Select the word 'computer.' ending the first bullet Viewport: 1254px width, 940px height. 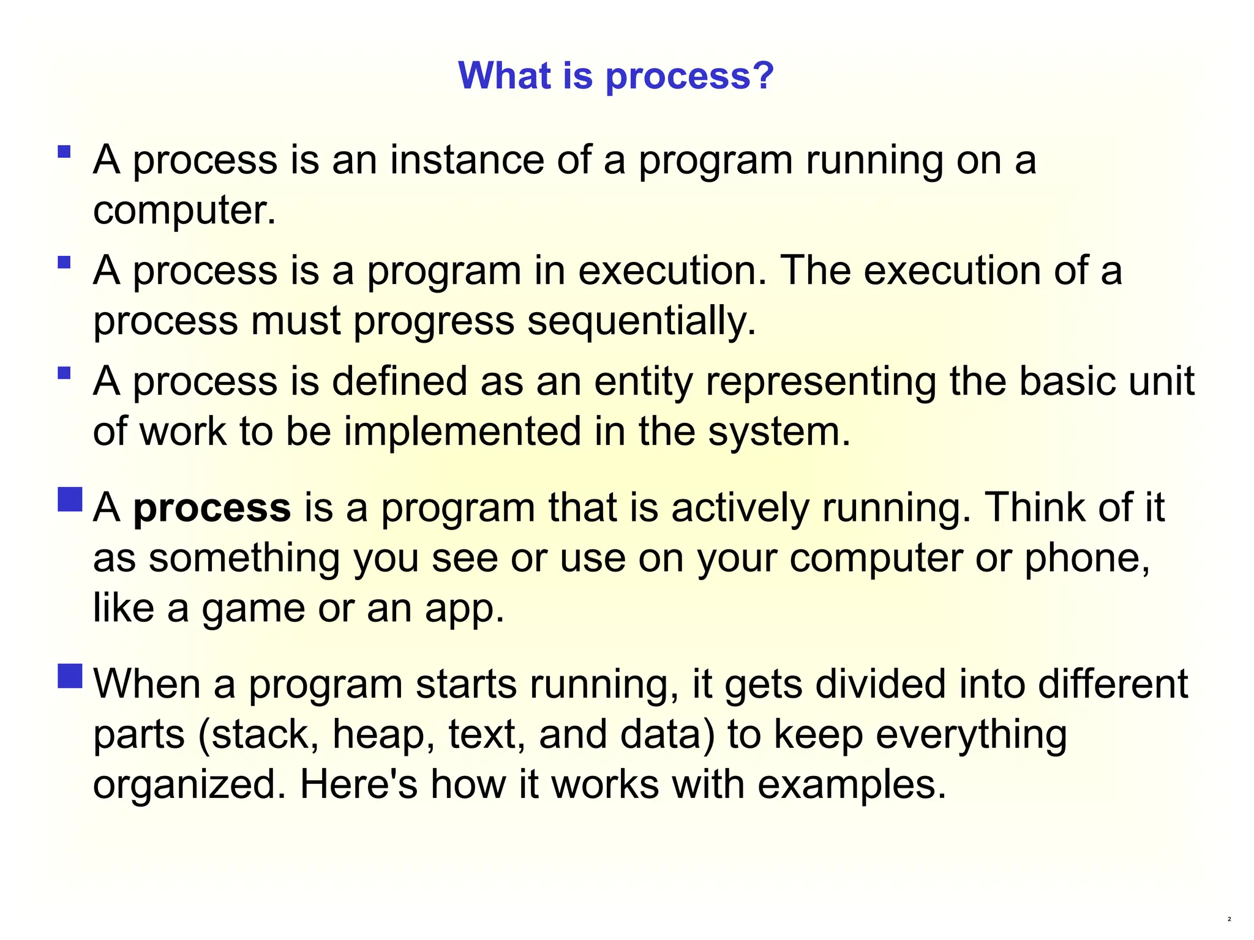click(184, 210)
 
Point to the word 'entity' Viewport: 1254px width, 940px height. click(643, 381)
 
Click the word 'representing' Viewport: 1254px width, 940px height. click(821, 381)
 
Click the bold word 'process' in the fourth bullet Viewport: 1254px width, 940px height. click(212, 508)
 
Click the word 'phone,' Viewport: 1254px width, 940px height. click(1087, 558)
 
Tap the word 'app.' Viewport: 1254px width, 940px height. click(465, 608)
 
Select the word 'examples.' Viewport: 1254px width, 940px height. click(852, 785)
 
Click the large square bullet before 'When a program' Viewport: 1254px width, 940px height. click(70, 676)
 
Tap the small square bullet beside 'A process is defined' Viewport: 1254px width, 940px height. click(64, 373)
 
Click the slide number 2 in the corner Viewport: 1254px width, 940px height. click(1229, 920)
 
